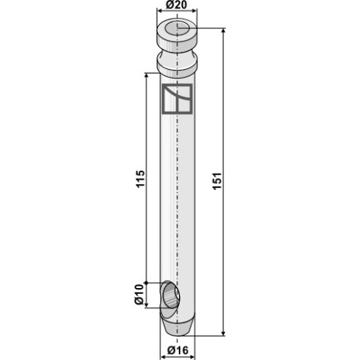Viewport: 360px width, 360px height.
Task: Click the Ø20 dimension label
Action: (177, 4)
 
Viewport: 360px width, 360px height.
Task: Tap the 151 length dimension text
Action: (217, 181)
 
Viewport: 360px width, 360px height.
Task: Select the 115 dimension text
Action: (140, 179)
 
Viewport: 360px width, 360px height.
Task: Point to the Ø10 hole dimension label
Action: (139, 294)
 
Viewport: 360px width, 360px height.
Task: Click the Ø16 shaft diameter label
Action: (177, 350)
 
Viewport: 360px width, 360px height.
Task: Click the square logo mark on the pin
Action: (177, 99)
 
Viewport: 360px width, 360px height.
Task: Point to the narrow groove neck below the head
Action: (177, 54)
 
